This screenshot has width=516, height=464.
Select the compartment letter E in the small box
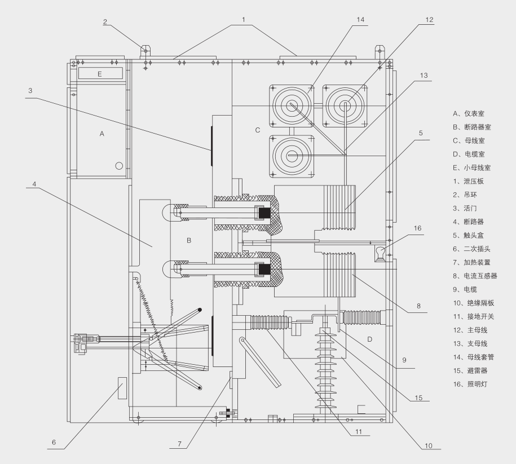pos(99,74)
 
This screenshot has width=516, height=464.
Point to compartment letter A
pos(102,134)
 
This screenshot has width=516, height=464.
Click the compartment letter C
pos(257,130)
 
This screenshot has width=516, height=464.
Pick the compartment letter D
pos(369,339)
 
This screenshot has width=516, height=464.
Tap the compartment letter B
pos(189,240)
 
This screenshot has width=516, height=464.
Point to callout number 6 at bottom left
pos(54,443)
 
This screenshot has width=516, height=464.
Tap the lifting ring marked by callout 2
pos(146,50)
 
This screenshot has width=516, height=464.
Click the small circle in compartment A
pos(119,166)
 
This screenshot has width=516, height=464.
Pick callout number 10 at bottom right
pos(428,446)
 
